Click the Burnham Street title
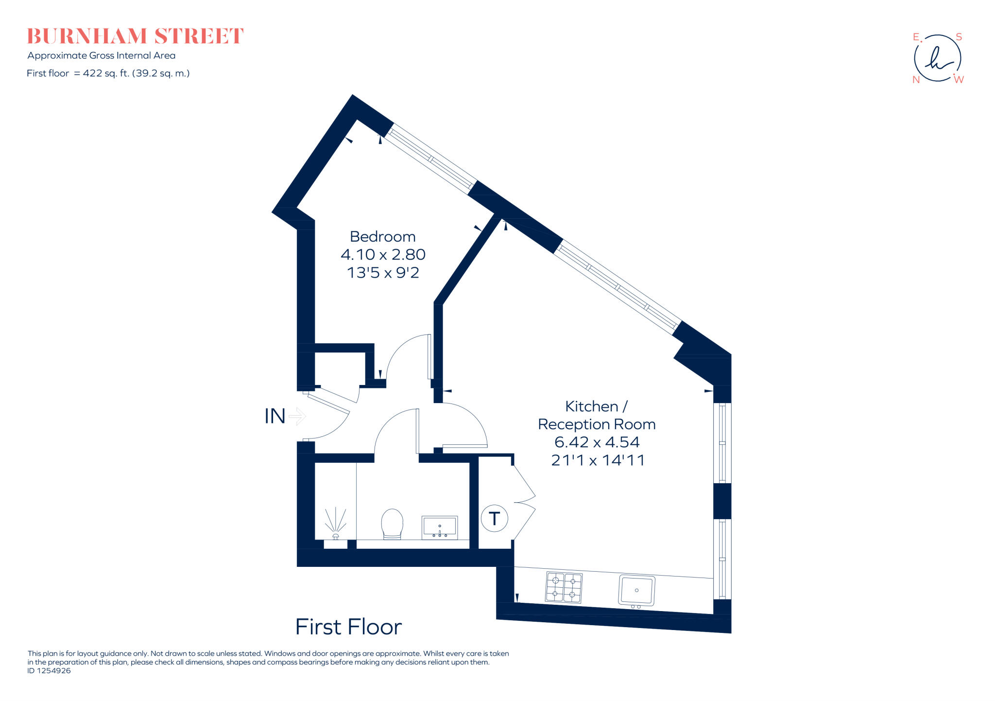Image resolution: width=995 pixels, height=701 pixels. [135, 36]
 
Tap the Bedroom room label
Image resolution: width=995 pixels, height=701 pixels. [383, 237]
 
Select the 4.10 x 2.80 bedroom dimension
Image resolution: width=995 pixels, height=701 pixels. [383, 255]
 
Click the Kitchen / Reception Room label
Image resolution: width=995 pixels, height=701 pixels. [597, 415]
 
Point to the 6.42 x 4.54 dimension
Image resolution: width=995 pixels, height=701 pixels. [597, 442]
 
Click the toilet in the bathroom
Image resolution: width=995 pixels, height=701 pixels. [392, 524]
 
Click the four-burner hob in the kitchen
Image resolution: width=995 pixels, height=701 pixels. [564, 587]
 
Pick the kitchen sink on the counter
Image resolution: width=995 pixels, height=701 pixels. [636, 590]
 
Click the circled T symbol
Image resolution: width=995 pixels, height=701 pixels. [494, 519]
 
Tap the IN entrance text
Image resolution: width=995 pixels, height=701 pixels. [274, 417]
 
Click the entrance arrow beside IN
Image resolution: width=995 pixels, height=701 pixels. [297, 417]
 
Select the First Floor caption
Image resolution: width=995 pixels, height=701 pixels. [348, 627]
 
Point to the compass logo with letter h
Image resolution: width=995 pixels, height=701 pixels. [937, 58]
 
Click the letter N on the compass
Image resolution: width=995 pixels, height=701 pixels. [916, 80]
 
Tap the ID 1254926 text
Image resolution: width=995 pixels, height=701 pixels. [49, 671]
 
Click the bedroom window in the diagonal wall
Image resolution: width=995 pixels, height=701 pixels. [430, 158]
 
